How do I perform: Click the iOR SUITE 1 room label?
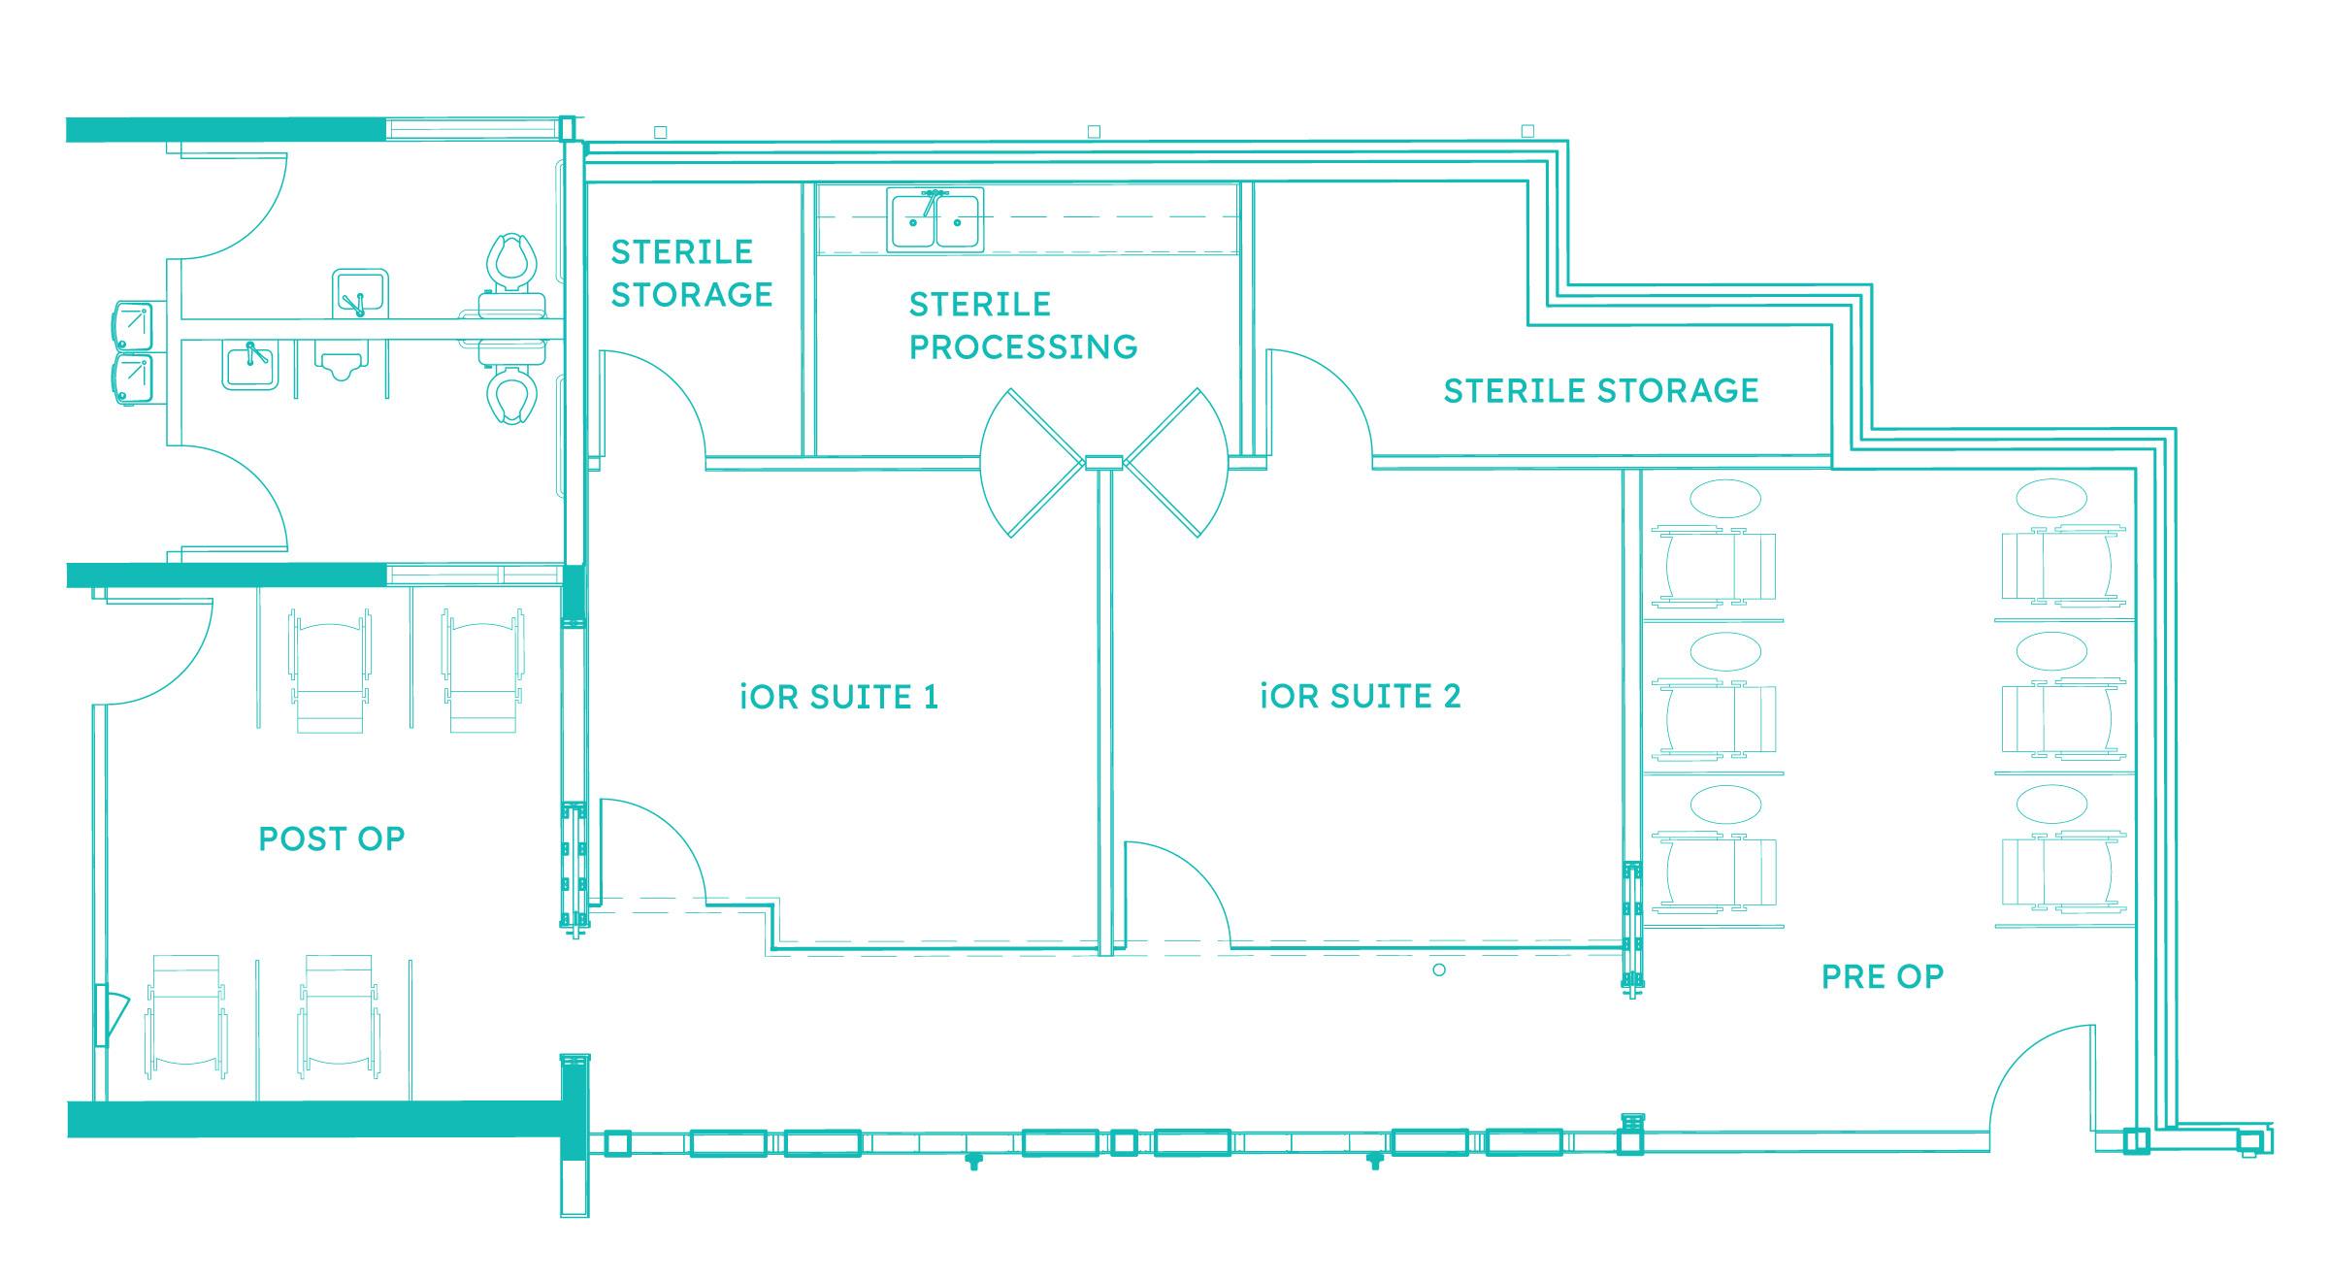(838, 697)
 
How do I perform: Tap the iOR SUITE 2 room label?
(1360, 696)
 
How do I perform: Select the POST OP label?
(331, 838)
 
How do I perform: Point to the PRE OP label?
(1883, 976)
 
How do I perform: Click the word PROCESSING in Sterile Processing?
(1023, 346)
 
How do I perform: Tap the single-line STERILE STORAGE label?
(1601, 390)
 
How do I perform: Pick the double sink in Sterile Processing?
(935, 220)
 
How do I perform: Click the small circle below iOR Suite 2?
(1439, 969)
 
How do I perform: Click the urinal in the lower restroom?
(341, 360)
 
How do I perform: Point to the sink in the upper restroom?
(360, 293)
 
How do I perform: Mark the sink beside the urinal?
(250, 365)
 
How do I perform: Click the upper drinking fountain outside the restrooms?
(134, 325)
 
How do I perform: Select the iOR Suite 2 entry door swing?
(1177, 894)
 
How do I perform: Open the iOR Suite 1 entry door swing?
(653, 851)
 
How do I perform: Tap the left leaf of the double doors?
(1032, 463)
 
